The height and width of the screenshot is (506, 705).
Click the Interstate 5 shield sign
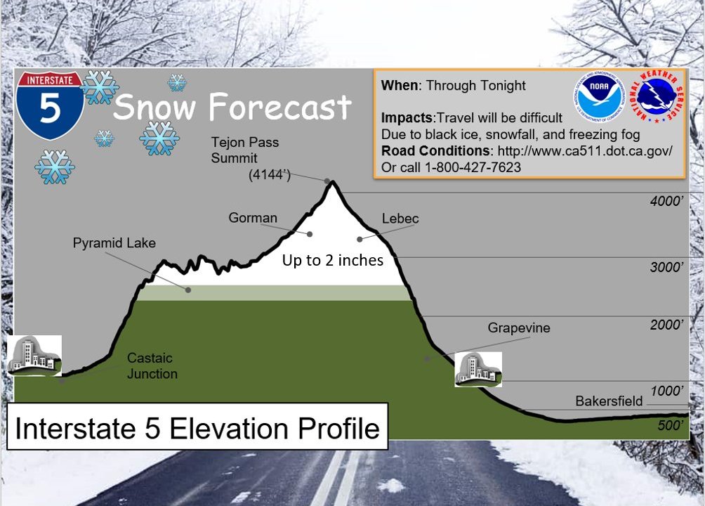click(49, 105)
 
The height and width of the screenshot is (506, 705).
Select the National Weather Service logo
click(657, 97)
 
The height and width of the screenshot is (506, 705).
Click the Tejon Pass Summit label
click(245, 150)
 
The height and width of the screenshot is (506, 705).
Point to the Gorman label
click(253, 218)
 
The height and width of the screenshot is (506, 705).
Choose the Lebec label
click(400, 219)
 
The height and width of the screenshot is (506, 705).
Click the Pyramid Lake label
click(114, 243)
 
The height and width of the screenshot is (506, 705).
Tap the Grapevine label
click(519, 327)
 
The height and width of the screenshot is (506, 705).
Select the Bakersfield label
click(609, 401)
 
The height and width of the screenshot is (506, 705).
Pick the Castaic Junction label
click(152, 365)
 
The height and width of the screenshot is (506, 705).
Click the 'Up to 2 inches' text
click(333, 260)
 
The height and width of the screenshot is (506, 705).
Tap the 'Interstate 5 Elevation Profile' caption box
click(197, 427)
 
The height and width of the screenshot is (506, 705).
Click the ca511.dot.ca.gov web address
click(585, 151)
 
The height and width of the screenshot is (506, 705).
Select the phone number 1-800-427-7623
click(473, 167)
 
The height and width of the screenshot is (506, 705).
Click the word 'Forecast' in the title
click(279, 107)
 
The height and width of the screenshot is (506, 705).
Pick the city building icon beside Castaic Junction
click(34, 356)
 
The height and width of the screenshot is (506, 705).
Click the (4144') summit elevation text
click(270, 175)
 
